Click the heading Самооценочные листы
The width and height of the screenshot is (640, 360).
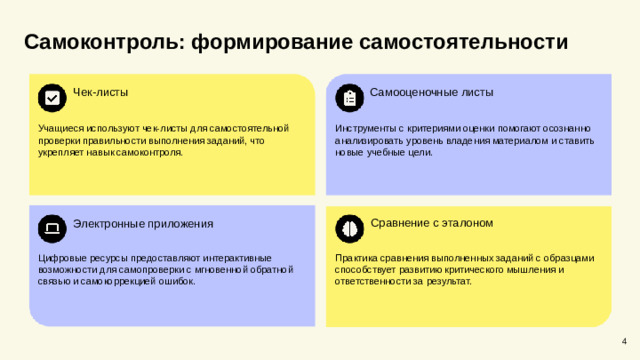431,92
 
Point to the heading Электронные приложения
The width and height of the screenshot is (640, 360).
143,223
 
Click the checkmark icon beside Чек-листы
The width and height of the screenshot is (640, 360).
52,97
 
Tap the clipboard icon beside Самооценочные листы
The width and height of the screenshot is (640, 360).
349,97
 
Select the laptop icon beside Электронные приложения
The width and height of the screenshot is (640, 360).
52,228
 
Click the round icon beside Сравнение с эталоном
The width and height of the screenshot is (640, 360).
349,228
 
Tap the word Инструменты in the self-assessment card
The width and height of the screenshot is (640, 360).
365,129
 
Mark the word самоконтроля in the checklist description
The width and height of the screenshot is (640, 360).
156,153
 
